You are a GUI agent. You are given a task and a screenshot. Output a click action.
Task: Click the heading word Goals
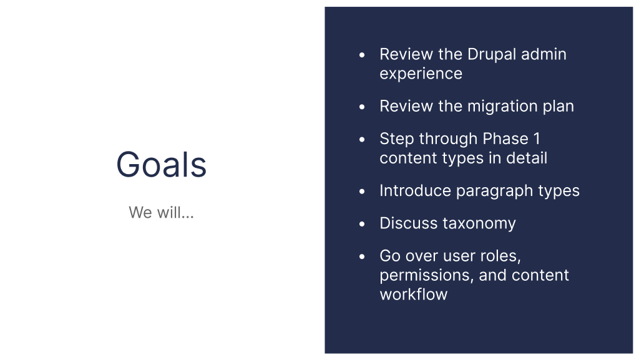coord(161,165)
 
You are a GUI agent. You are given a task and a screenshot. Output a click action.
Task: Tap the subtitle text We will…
coord(161,212)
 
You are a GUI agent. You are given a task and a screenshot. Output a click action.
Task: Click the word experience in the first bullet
coord(421,74)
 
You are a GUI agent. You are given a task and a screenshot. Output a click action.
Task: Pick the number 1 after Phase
coord(536,139)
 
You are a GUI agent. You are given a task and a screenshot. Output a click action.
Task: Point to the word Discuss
coord(408,223)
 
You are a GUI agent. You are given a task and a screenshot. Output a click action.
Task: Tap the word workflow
coord(413,294)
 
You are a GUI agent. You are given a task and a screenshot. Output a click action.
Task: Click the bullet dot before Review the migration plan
coord(362,107)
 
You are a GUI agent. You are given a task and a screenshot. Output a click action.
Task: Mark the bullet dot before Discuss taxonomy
coord(362,224)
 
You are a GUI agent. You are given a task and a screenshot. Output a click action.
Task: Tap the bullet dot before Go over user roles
coord(362,256)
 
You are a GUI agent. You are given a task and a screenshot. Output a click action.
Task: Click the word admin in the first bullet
coord(544,54)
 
